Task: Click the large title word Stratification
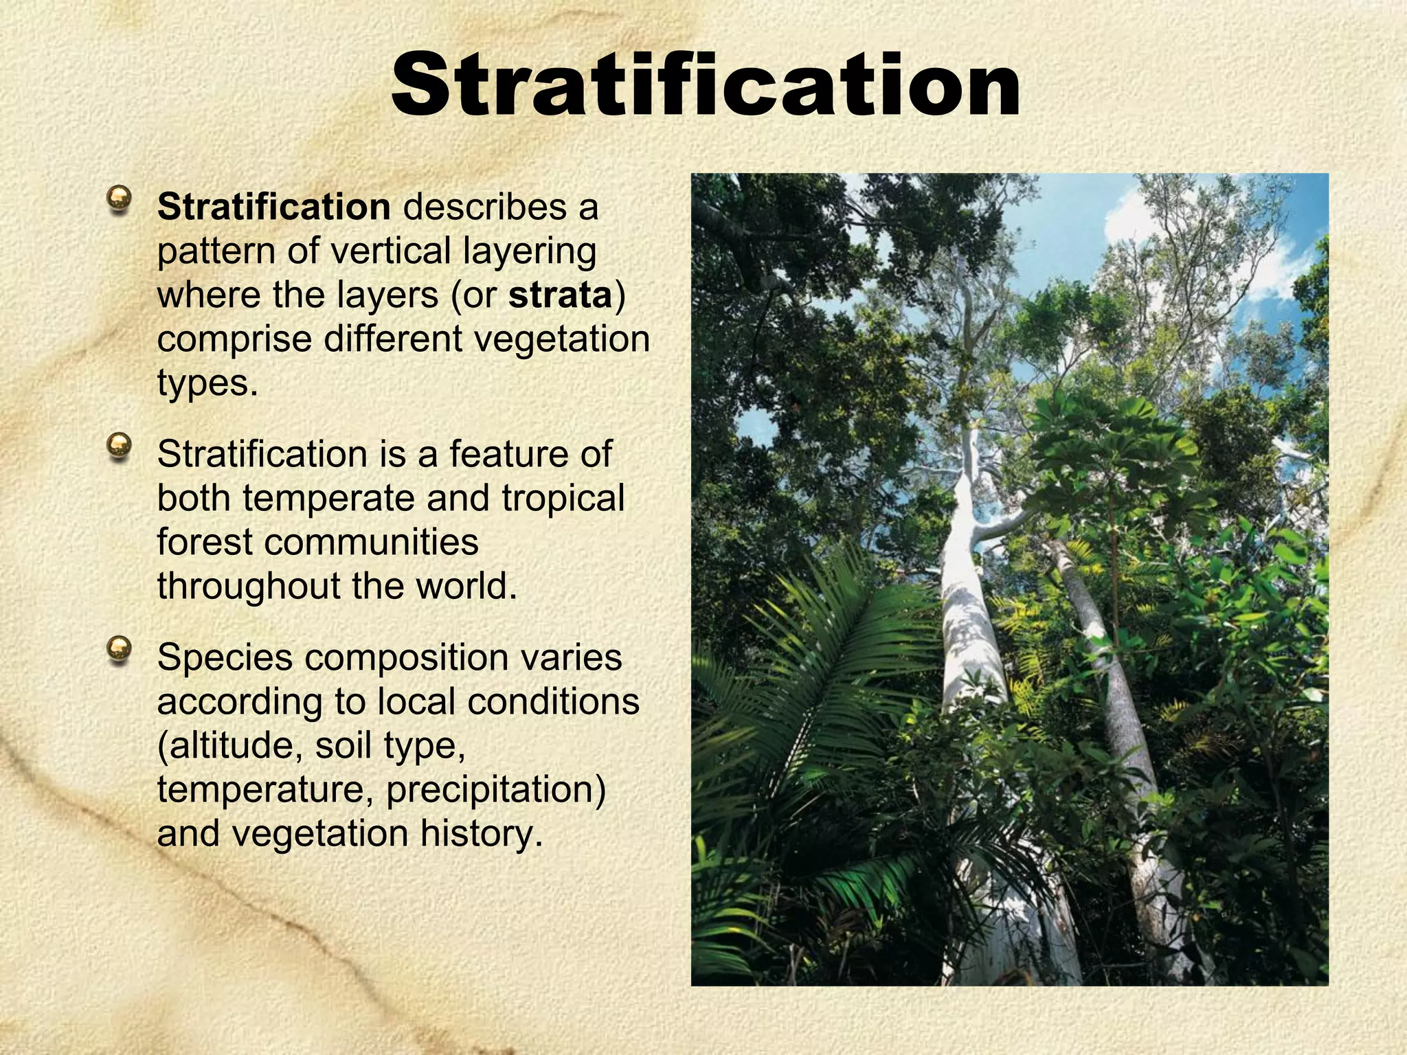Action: click(x=706, y=84)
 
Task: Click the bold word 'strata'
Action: click(x=560, y=295)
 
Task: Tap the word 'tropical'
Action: click(x=563, y=498)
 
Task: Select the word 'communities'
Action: click(x=371, y=542)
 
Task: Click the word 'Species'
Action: click(x=225, y=657)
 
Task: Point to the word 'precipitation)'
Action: click(x=495, y=789)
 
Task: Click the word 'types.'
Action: click(x=207, y=383)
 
